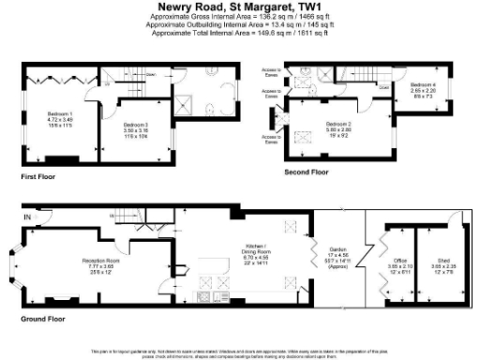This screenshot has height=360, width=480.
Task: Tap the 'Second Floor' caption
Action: [307, 173]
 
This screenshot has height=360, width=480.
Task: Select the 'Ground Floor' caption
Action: [43, 319]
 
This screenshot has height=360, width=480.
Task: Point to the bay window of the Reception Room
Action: [23, 267]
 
